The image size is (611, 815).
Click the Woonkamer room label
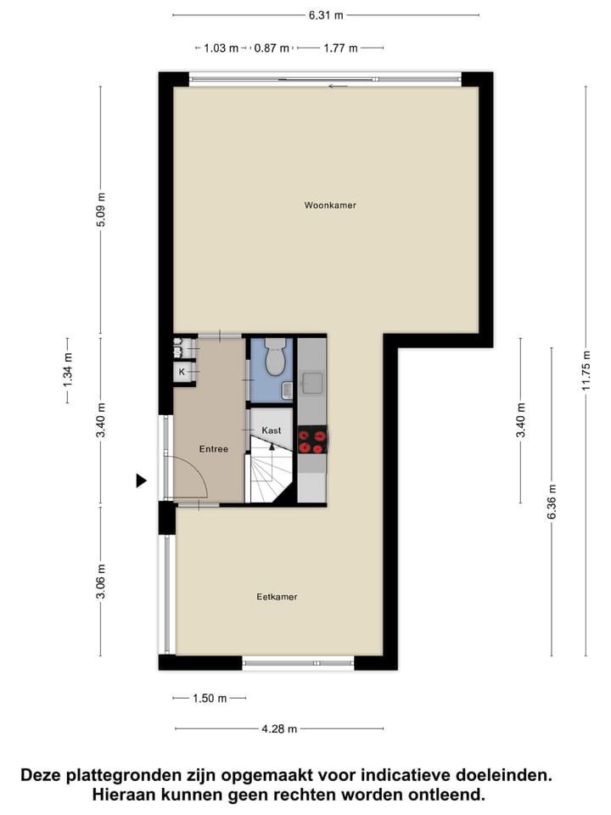(331, 205)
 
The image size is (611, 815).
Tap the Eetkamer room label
(277, 597)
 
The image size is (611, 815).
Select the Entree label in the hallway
(213, 449)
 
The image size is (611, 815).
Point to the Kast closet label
(272, 430)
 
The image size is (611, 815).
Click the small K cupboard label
(182, 372)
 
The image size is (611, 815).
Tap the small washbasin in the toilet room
(288, 390)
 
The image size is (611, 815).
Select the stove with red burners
(311, 441)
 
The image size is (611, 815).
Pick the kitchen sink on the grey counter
(311, 385)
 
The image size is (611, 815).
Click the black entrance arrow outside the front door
(142, 481)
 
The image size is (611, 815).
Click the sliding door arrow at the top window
(338, 86)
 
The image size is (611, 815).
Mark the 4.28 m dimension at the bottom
(279, 728)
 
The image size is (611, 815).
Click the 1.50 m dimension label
(210, 698)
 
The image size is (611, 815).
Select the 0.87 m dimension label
(272, 48)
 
